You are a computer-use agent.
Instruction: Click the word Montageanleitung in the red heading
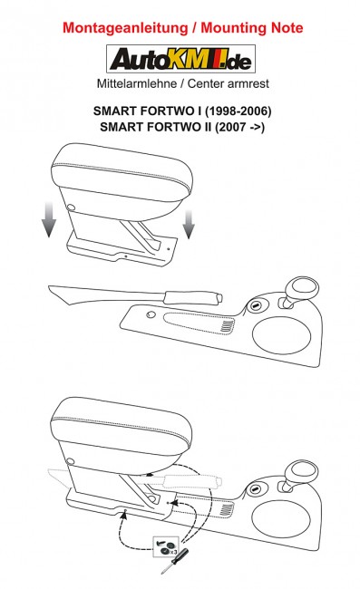point(125,28)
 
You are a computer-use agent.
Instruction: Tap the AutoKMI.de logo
point(180,59)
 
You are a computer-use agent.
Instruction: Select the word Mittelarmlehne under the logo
point(137,83)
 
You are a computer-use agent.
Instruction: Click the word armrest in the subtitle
point(248,83)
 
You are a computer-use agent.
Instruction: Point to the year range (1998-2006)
point(238,111)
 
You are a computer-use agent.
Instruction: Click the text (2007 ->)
point(239,127)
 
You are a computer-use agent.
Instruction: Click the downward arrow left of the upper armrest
point(49,219)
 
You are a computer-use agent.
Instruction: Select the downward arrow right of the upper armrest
point(189,224)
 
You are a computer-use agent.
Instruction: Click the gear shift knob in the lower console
point(302,475)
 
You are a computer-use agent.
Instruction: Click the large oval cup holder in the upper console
point(281,335)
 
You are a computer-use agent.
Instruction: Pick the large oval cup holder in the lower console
point(281,519)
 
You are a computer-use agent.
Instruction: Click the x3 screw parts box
point(166,547)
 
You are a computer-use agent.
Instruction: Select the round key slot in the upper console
point(256,306)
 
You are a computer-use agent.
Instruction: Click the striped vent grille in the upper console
point(227,327)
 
